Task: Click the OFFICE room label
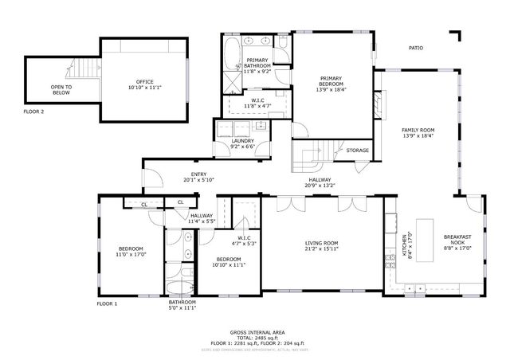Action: [x=143, y=81]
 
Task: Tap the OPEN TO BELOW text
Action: [x=61, y=89]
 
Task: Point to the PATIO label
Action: [x=416, y=49]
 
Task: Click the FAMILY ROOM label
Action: [x=418, y=130]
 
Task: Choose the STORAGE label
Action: [x=357, y=151]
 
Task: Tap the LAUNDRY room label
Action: [x=242, y=141]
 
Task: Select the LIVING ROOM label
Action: [x=322, y=243]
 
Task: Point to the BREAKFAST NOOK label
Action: [x=457, y=240]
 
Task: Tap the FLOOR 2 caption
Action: [x=33, y=112]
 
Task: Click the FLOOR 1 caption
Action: [x=107, y=303]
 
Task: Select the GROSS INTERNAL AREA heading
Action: [x=257, y=332]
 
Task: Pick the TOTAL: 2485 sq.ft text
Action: [x=257, y=338]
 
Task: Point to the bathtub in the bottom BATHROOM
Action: [x=179, y=288]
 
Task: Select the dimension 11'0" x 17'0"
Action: [x=131, y=254]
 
